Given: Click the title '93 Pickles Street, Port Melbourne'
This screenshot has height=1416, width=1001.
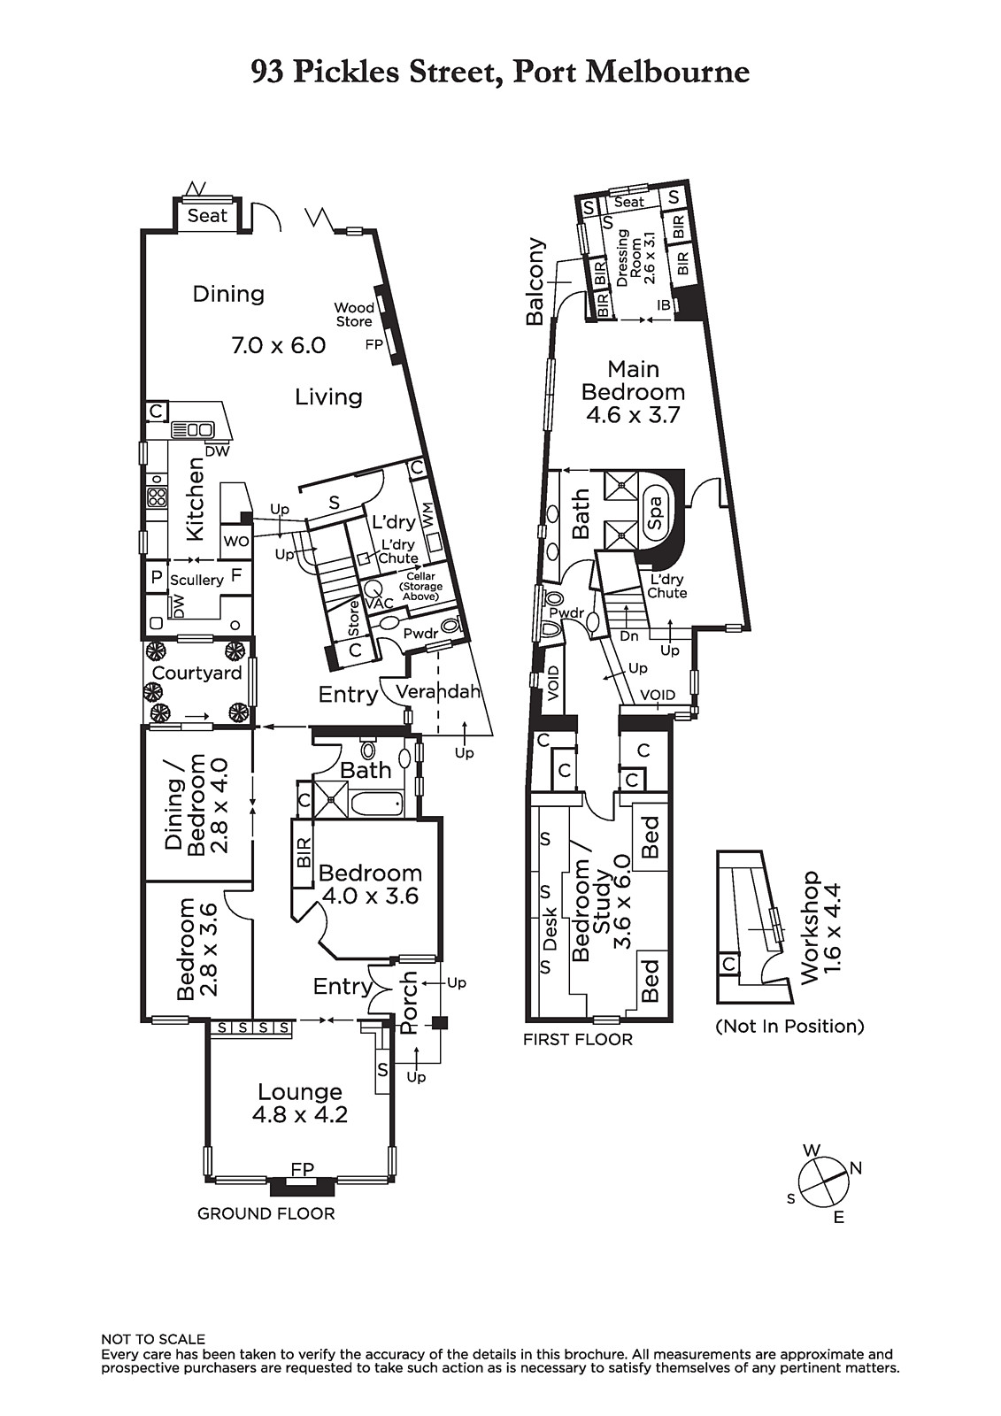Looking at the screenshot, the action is click(500, 72).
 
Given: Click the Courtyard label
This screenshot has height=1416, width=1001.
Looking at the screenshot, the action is click(196, 673).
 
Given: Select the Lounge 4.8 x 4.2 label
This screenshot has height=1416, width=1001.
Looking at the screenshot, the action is click(300, 1103).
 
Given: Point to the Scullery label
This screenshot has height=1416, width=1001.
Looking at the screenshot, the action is click(196, 580).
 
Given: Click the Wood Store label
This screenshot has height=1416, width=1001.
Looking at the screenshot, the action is click(354, 314).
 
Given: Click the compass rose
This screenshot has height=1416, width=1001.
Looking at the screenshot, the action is click(823, 1181).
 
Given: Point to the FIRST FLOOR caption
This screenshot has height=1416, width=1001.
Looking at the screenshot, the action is click(578, 1039).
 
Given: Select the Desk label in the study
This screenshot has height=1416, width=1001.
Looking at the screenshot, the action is click(551, 928).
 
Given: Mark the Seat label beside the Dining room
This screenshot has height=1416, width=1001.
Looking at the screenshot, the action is click(207, 216).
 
